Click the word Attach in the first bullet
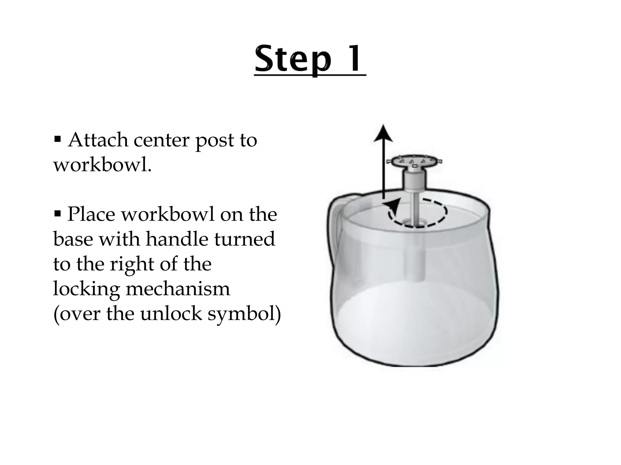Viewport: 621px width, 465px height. pyautogui.click(x=98, y=140)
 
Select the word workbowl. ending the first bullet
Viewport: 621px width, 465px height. pyautogui.click(x=102, y=165)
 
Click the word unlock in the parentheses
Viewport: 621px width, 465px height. pyautogui.click(x=171, y=314)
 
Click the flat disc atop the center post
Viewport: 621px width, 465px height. pyautogui.click(x=414, y=161)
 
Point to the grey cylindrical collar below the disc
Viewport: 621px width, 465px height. pyautogui.click(x=414, y=180)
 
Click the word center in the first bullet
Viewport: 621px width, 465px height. pyautogui.click(x=162, y=140)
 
